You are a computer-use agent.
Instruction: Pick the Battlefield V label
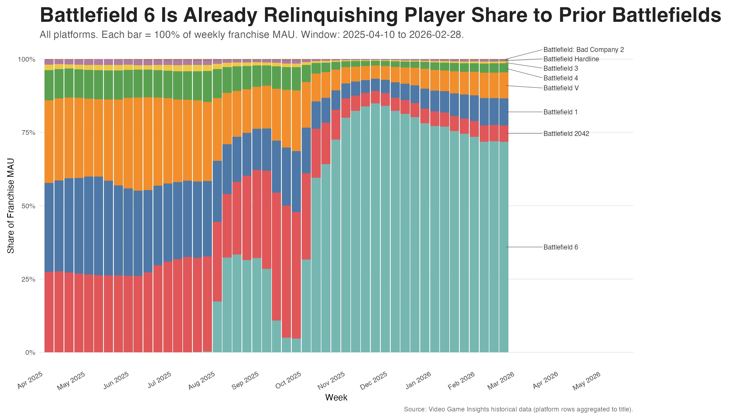561,88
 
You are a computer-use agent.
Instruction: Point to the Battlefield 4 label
560,78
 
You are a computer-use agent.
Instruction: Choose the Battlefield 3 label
560,68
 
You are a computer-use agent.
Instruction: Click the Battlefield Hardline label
571,59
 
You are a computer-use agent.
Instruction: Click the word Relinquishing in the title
330,15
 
